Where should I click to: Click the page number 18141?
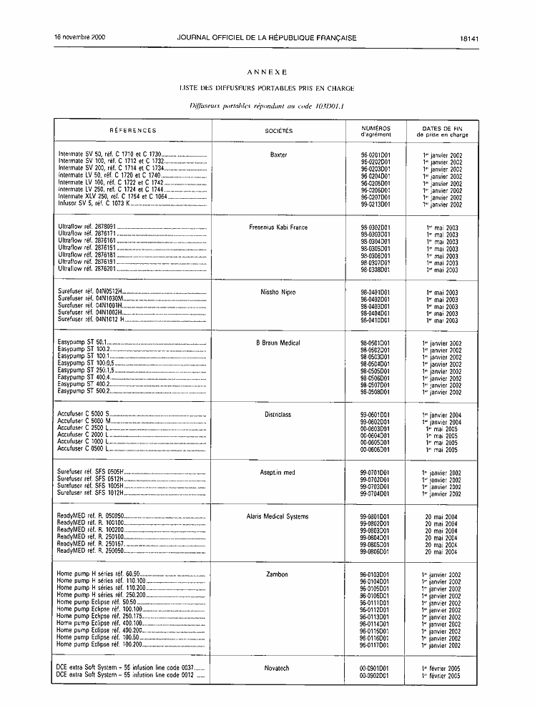pyautogui.click(x=469, y=38)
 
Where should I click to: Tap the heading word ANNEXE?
pyautogui.click(x=267, y=72)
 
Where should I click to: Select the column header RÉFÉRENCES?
pyautogui.click(x=133, y=131)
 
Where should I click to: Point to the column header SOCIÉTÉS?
pyautogui.click(x=278, y=131)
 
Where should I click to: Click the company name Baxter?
pyautogui.click(x=278, y=154)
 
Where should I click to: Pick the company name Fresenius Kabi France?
pyautogui.click(x=278, y=227)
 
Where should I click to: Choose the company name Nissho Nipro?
pyautogui.click(x=278, y=292)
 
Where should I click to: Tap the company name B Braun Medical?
pyautogui.click(x=278, y=343)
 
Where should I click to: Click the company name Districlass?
pyautogui.click(x=278, y=415)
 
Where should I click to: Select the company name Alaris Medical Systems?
pyautogui.click(x=278, y=516)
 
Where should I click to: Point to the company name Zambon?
pyautogui.click(x=278, y=574)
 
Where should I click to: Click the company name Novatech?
pyautogui.click(x=278, y=668)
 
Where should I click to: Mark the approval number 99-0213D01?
pyautogui.click(x=375, y=205)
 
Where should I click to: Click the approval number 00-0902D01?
pyautogui.click(x=375, y=675)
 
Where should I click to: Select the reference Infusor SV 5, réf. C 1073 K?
pyautogui.click(x=93, y=205)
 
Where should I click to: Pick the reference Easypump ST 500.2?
pyautogui.click(x=83, y=392)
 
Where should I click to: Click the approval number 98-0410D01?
pyautogui.click(x=375, y=320)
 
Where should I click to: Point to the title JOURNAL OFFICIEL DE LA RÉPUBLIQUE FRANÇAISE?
pyautogui.click(x=267, y=38)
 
